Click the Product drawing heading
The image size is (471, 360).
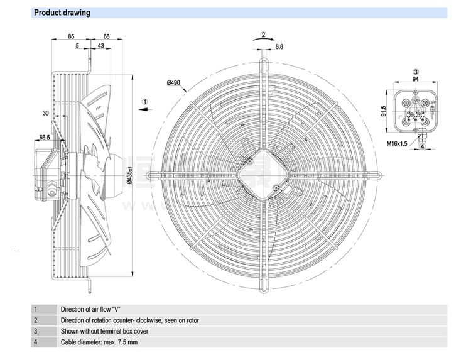(x=62, y=13)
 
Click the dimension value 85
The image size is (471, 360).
(x=71, y=36)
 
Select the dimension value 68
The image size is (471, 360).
(x=106, y=36)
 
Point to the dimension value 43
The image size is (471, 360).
(x=101, y=46)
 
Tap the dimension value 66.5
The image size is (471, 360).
(x=45, y=137)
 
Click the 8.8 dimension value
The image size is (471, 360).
(x=279, y=46)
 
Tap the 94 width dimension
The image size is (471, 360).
(x=415, y=79)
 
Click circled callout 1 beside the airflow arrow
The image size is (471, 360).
(x=144, y=101)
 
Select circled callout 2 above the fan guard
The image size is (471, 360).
(x=264, y=35)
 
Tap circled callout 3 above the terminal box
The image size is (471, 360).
(x=415, y=72)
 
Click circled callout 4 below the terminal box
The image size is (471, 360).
(x=423, y=146)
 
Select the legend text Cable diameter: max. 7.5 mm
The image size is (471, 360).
(x=99, y=342)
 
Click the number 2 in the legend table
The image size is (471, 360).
(x=36, y=320)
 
